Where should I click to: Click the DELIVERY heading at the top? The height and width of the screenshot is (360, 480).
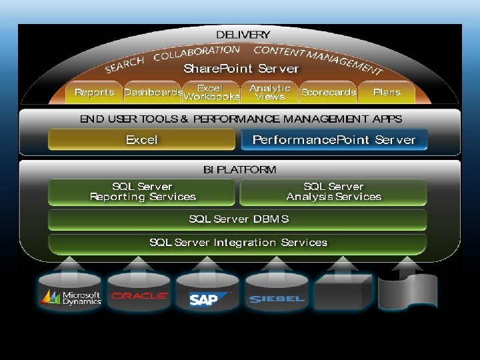243,35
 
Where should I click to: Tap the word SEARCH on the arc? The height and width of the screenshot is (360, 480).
125,65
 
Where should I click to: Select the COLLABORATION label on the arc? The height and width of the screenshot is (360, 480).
197,53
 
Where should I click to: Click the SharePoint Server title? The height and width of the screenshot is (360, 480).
241,69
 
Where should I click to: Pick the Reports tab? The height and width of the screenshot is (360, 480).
94,93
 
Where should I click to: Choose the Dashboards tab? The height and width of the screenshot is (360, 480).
153,93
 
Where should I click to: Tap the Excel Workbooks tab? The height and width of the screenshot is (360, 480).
211,93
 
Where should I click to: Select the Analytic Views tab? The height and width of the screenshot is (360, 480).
270,93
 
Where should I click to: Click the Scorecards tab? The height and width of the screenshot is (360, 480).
328,93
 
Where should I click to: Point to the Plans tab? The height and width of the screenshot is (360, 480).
387,93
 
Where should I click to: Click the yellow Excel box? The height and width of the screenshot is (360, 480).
141,140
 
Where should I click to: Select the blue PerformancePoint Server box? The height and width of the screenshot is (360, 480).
333,140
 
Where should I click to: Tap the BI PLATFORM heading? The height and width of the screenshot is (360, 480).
239,169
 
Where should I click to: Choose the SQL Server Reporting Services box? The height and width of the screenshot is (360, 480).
142,192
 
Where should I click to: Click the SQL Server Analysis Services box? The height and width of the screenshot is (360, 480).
333,192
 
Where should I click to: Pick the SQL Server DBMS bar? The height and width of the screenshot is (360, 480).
238,219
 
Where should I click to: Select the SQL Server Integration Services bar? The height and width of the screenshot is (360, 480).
238,243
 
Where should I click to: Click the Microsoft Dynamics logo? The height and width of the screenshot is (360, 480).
71,297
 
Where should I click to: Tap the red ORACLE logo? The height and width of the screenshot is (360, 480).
139,296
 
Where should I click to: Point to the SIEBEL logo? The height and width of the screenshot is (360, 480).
276,299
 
